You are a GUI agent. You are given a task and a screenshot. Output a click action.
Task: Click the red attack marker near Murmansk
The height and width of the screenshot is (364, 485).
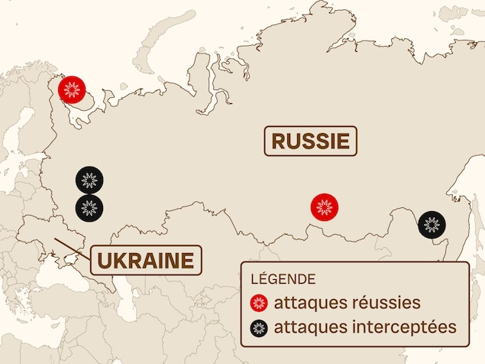click(x=73, y=89)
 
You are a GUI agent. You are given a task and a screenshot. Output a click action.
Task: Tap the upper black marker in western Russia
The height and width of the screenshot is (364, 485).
click(x=89, y=180)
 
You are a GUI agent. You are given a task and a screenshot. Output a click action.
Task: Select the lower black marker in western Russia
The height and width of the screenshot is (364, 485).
click(x=89, y=207)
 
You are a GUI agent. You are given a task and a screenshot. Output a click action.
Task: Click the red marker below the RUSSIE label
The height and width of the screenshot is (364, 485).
click(x=325, y=206)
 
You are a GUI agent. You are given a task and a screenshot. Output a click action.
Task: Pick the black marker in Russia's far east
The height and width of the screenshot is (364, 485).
click(x=432, y=225)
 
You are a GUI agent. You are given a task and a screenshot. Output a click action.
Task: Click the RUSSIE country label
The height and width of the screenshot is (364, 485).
click(x=310, y=141)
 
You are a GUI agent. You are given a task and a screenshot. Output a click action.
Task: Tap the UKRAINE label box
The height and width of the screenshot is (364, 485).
click(x=145, y=260)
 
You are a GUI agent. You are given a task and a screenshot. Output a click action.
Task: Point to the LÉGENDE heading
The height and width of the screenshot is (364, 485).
click(x=283, y=279)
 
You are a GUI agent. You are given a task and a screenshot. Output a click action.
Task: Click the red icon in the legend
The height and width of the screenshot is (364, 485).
click(x=259, y=303)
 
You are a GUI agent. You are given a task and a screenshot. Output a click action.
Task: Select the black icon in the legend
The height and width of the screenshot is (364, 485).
click(x=259, y=328)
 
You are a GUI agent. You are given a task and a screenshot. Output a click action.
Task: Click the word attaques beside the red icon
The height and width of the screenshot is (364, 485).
click(x=306, y=302)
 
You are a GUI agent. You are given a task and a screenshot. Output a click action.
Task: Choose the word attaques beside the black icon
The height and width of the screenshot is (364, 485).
click(x=306, y=327)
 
